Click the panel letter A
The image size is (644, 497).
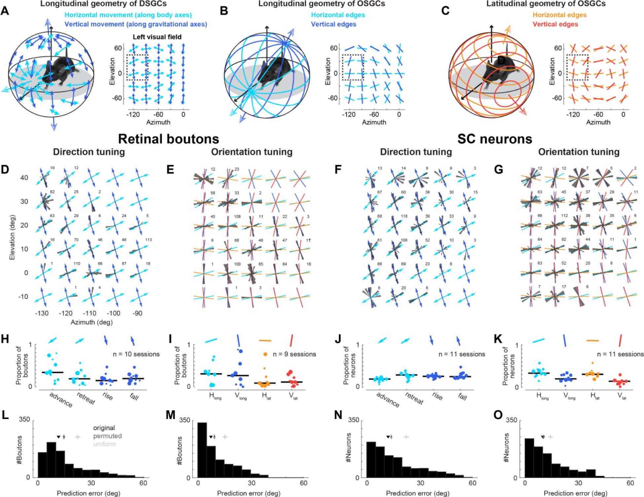coord(5,11)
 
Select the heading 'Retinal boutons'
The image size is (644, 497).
coord(168,139)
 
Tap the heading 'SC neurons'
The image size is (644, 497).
coord(494,139)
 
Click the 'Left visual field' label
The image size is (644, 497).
coord(157,37)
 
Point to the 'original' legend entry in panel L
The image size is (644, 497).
coord(104,428)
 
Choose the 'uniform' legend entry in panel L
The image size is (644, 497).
coord(104,444)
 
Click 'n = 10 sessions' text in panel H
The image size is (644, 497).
coord(136,354)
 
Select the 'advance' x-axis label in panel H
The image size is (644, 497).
coord(61,399)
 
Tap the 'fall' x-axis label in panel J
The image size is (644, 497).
coord(463,397)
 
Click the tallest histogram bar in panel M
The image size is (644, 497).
coord(202,450)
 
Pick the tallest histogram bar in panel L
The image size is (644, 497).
coord(51,459)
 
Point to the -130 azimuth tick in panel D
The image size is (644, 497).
coord(42,313)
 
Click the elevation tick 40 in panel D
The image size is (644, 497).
coord(24,178)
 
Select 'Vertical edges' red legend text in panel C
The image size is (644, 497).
coord(555,24)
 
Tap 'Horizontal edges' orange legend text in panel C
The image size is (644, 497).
coord(559,15)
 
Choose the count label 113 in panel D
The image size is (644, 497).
coord(148,240)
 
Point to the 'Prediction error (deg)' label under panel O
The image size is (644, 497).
coord(575,493)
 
